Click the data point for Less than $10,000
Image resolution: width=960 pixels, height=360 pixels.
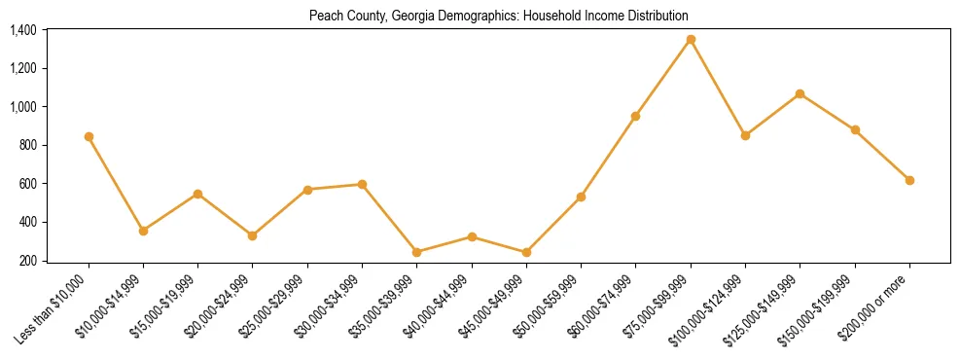(89, 137)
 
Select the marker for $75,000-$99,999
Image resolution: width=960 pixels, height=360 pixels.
(691, 40)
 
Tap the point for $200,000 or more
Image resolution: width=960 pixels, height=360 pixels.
(909, 180)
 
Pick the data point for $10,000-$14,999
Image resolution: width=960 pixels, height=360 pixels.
(143, 231)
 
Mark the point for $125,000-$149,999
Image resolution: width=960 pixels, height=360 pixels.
(800, 93)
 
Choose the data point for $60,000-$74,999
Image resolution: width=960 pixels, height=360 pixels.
(635, 116)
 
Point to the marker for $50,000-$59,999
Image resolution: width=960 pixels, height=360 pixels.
(581, 197)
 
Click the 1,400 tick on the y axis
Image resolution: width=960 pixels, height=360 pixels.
(23, 30)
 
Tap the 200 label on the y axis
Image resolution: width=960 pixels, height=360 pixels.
(27, 261)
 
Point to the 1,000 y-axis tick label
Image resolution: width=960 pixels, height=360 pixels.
(23, 107)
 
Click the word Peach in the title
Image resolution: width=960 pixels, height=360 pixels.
(323, 17)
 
